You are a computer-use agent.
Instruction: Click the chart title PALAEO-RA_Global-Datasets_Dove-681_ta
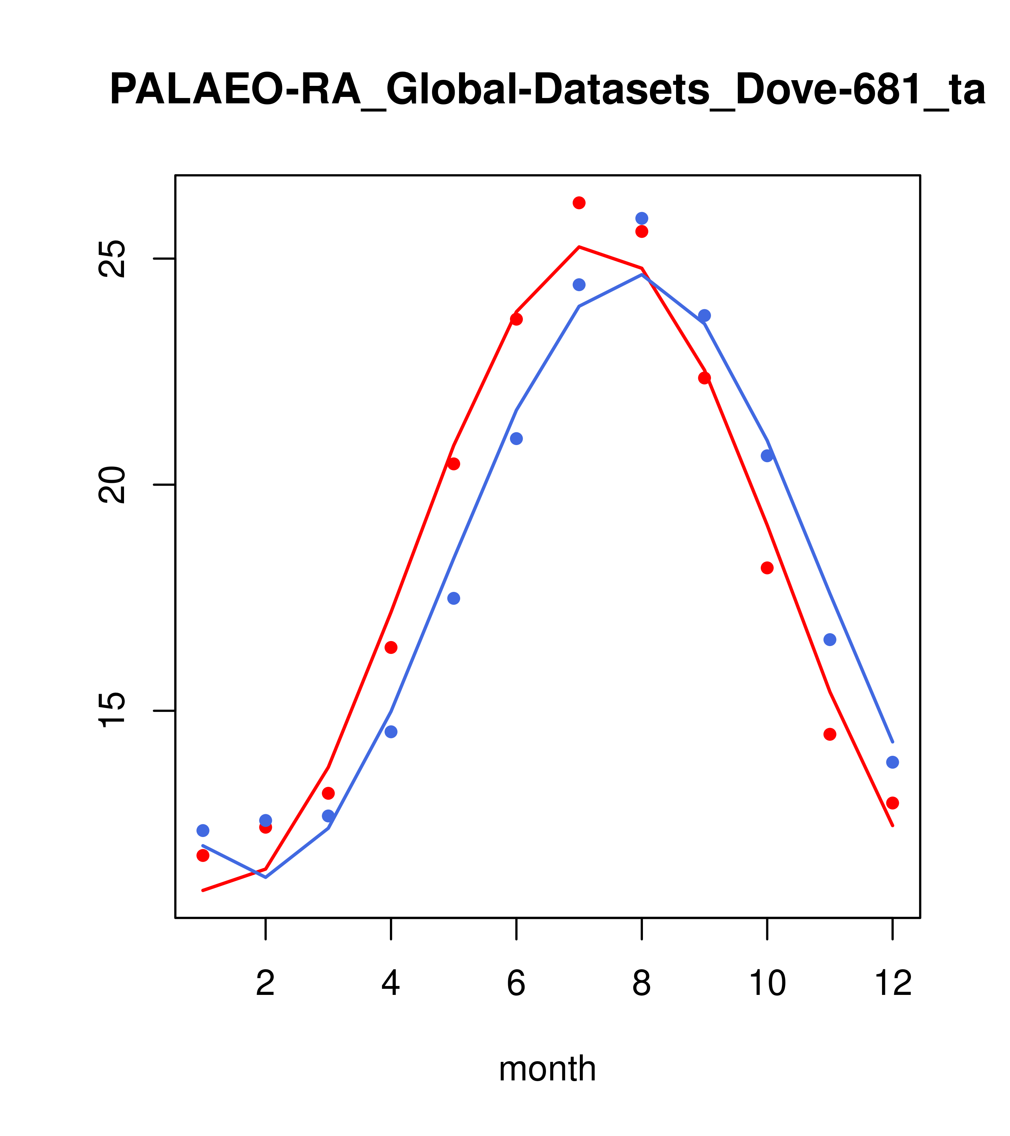[547, 90]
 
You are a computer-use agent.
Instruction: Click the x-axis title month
[547, 1069]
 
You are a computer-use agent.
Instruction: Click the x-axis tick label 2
[266, 984]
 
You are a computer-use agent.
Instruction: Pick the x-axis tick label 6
[516, 984]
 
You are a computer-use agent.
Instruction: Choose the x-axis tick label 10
[767, 984]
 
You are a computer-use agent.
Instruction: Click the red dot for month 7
[579, 203]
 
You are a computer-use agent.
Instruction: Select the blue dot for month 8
[641, 218]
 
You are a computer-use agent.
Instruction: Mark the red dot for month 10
[767, 568]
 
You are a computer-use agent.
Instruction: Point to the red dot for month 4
[391, 647]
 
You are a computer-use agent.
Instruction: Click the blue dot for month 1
[203, 830]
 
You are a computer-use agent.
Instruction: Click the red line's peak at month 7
[579, 247]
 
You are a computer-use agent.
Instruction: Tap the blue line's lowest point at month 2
[266, 877]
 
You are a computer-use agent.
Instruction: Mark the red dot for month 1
[203, 855]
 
